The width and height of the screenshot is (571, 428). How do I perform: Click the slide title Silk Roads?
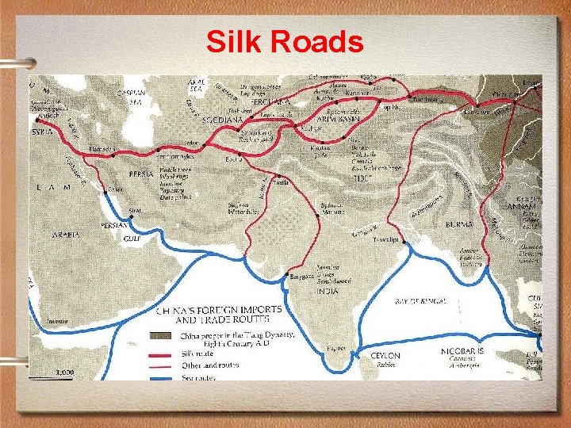pyautogui.click(x=285, y=41)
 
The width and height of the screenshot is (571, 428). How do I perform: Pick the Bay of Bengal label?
pyautogui.click(x=420, y=301)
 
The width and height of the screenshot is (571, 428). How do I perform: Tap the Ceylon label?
pyautogui.click(x=385, y=356)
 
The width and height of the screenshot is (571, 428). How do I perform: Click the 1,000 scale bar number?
pyautogui.click(x=65, y=372)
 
